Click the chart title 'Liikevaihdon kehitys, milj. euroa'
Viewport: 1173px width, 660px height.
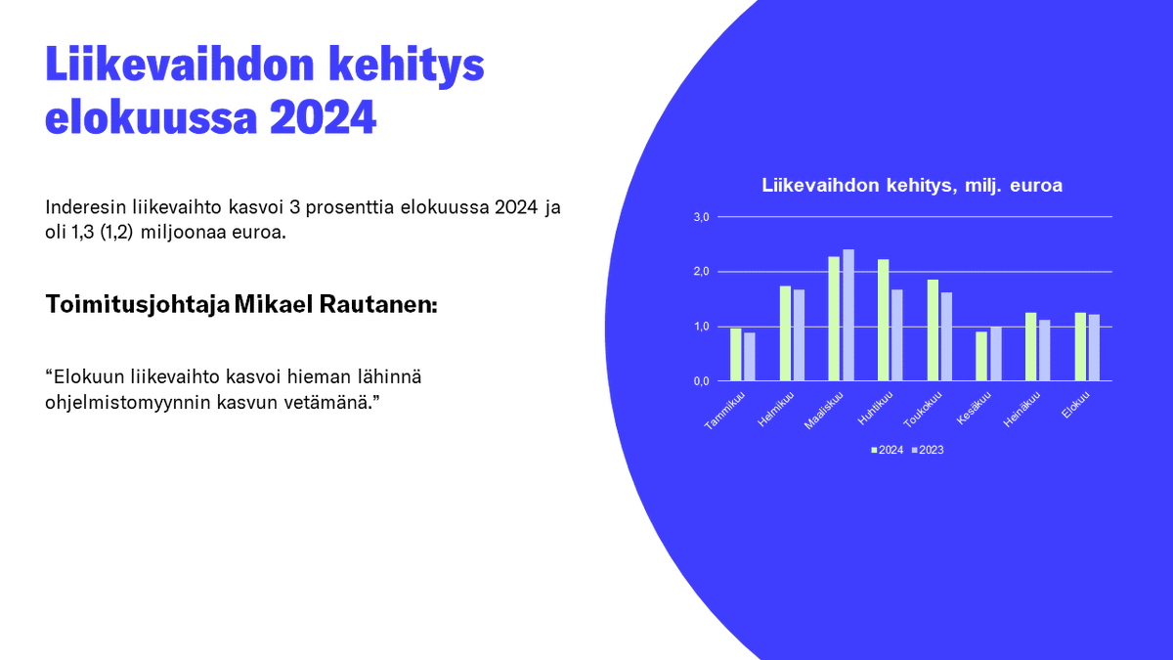coord(912,186)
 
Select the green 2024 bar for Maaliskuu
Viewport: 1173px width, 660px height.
coord(834,319)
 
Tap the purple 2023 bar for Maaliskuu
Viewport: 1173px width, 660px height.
coord(848,315)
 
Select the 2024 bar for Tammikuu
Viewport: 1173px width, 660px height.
coord(735,354)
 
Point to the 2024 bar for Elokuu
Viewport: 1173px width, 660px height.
coord(1080,346)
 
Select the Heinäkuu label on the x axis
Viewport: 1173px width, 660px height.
coord(1021,411)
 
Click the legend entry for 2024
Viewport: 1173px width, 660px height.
coord(889,450)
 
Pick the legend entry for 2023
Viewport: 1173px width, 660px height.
coord(928,450)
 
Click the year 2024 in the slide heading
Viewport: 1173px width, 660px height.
coord(323,117)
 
